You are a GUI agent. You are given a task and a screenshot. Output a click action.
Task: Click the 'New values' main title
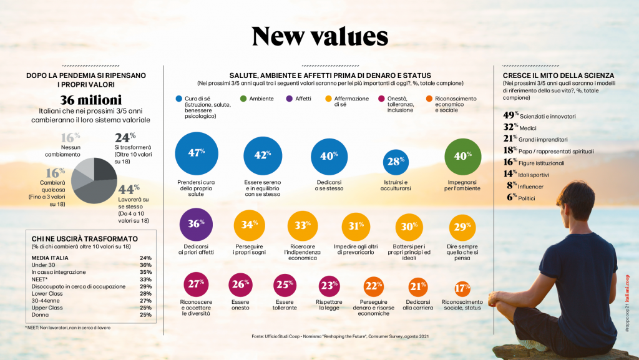pyautogui.click(x=319, y=37)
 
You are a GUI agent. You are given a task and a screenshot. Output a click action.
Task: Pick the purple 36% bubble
pyautogui.click(x=197, y=225)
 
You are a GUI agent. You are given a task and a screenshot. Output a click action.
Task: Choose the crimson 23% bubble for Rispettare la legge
pyautogui.click(x=329, y=286)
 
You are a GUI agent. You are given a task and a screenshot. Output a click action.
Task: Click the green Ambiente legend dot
pyautogui.click(x=243, y=99)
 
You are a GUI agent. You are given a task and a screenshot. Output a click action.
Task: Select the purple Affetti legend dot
pyautogui.click(x=289, y=99)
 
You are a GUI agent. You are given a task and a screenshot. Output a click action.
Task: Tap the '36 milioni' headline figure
pyautogui.click(x=91, y=100)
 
